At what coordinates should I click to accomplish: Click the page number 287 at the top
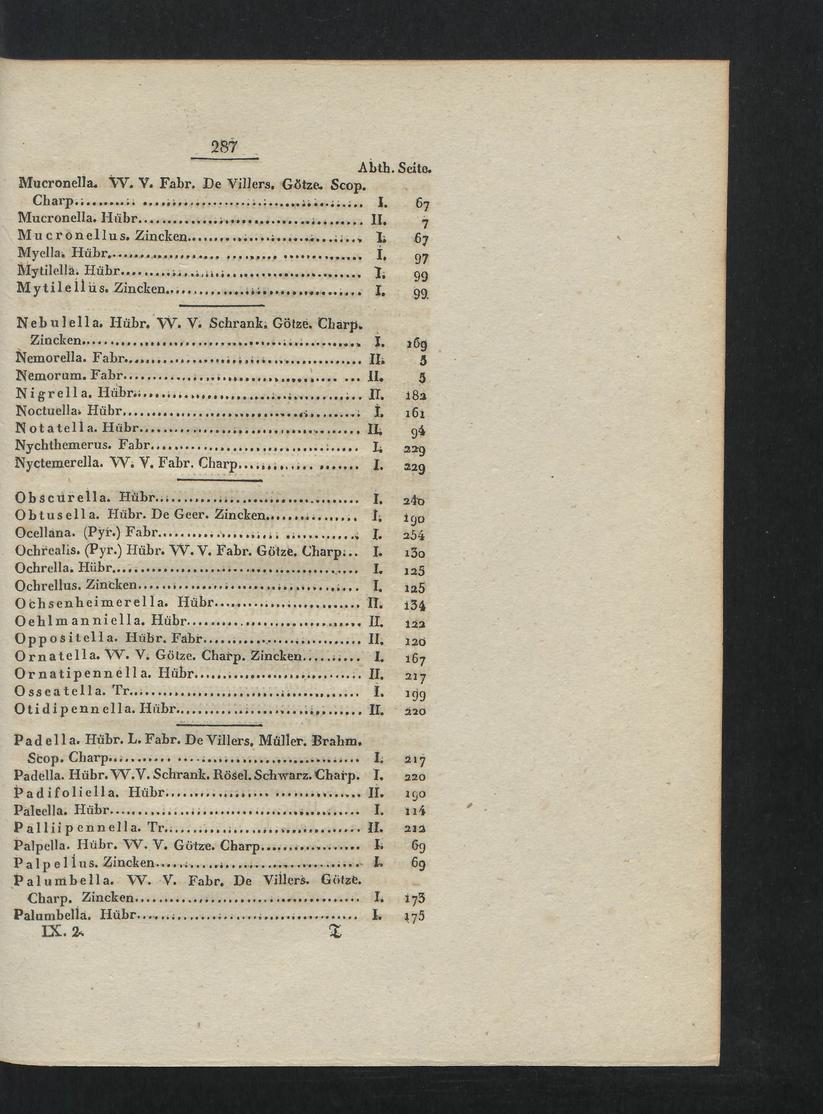(225, 147)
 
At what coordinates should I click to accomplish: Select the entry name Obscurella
(63, 497)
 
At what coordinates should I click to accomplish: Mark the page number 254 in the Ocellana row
(414, 536)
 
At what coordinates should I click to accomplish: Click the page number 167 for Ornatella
(414, 659)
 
